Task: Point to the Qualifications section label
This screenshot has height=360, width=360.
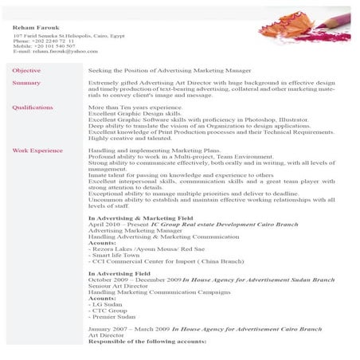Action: pos(33,107)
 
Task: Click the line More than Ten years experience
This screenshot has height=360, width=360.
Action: pos(128,107)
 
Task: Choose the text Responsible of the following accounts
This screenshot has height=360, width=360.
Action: pos(147,341)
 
